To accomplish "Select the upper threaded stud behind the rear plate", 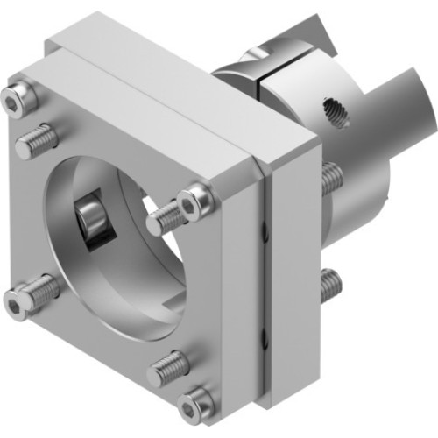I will (x=330, y=180).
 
